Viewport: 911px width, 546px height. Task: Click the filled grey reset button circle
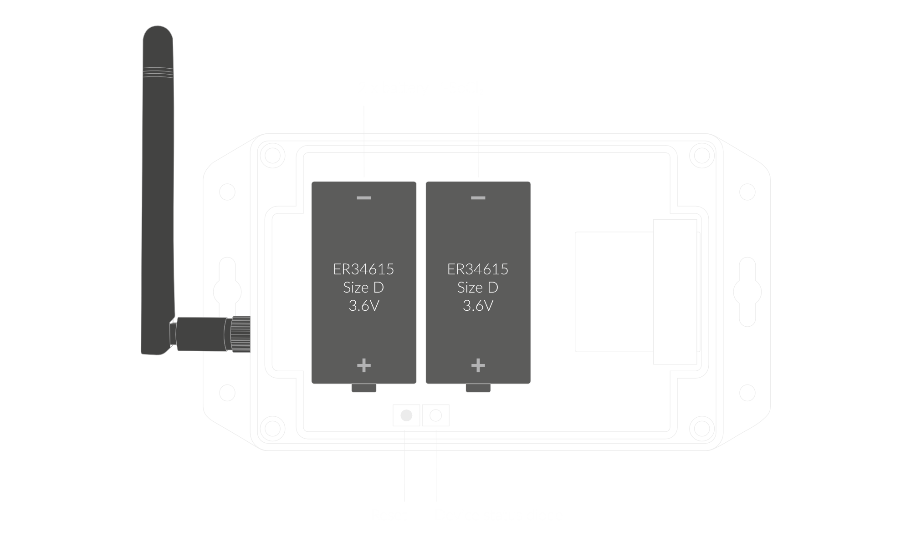tap(406, 415)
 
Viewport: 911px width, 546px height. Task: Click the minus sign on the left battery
tap(364, 198)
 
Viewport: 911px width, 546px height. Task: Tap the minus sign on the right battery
tap(478, 198)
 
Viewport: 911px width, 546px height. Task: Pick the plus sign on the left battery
tap(364, 365)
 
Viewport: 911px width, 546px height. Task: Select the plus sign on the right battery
tap(478, 365)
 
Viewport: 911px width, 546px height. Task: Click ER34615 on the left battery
tap(363, 269)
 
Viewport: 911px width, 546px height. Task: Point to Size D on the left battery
tap(363, 288)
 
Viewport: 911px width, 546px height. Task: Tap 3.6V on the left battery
tap(363, 306)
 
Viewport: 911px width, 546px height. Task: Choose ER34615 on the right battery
tap(478, 269)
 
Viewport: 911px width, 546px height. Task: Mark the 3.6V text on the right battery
tap(478, 306)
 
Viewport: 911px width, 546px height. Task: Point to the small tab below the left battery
tap(364, 388)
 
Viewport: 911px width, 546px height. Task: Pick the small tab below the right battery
tap(478, 388)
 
